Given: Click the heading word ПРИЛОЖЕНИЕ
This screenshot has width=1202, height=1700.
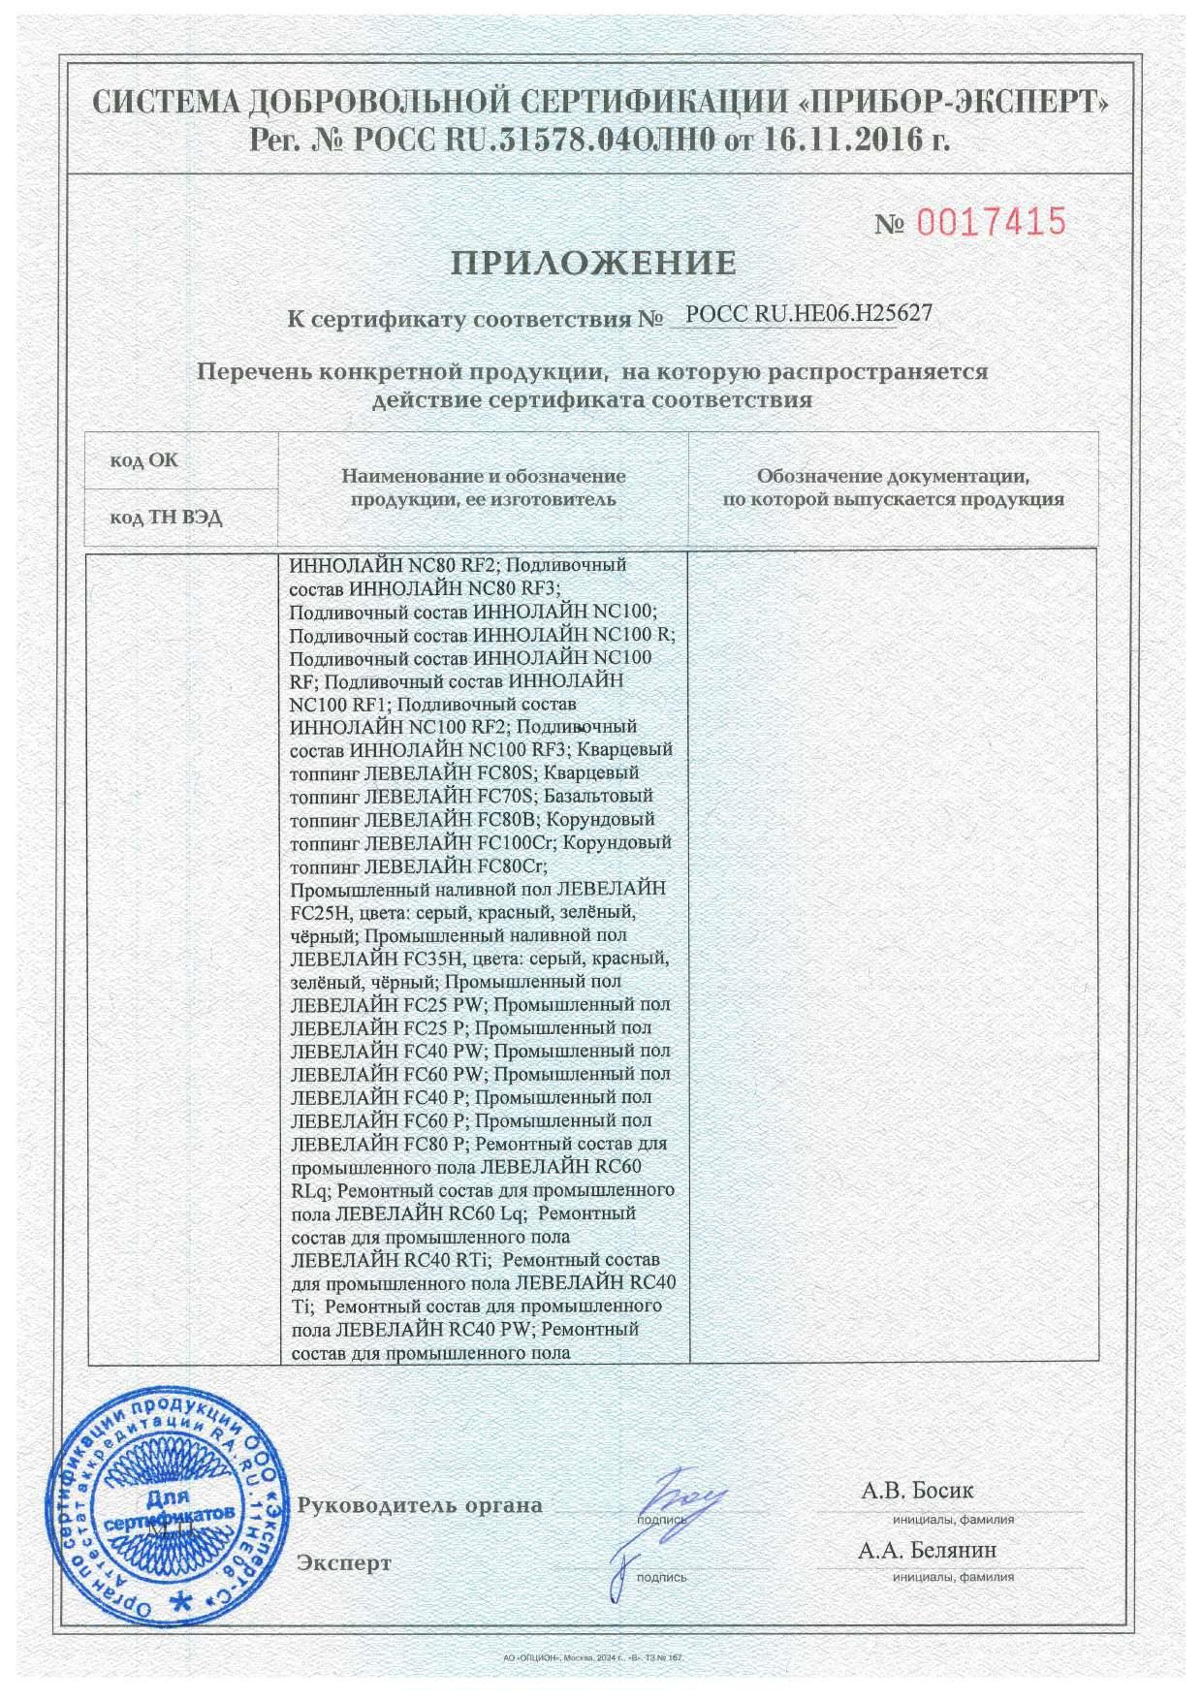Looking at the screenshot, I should pyautogui.click(x=593, y=263).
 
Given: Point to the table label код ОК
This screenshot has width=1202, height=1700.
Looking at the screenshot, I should pyautogui.click(x=143, y=460).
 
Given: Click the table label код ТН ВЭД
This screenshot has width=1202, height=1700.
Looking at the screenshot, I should pyautogui.click(x=166, y=518).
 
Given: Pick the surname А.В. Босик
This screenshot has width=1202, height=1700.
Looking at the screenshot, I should pyautogui.click(x=917, y=1491).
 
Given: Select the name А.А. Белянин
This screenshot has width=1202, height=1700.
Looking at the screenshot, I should pyautogui.click(x=927, y=1551).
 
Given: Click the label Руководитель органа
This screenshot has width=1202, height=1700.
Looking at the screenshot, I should pyautogui.click(x=420, y=1506).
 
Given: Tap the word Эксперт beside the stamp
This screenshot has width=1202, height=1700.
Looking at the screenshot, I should pyautogui.click(x=345, y=1563).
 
